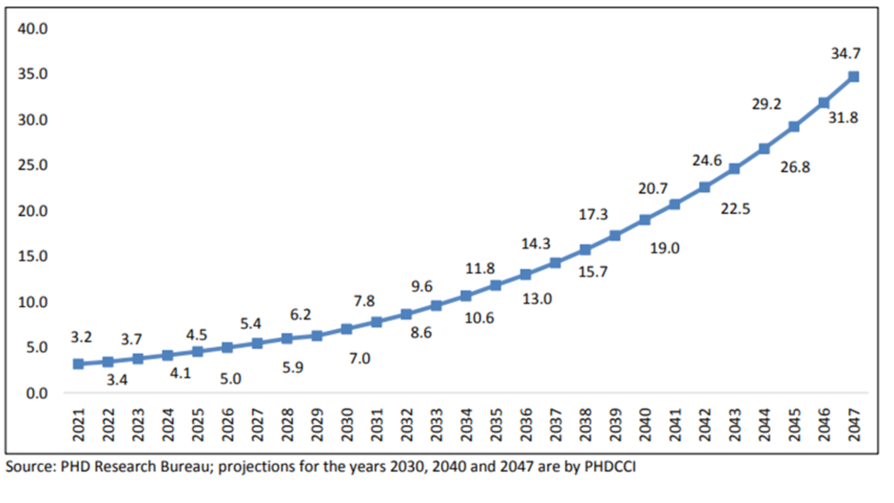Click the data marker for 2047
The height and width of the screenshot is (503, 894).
click(853, 77)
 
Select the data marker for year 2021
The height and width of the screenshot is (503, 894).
click(79, 364)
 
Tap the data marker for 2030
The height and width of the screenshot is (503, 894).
click(346, 329)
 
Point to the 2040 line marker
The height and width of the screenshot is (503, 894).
click(645, 220)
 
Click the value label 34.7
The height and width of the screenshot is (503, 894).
click(846, 54)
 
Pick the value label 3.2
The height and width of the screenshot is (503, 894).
click(81, 337)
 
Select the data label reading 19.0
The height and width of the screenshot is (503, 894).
click(664, 248)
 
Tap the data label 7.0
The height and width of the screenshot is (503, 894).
click(359, 359)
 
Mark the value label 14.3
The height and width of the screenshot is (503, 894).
click(535, 244)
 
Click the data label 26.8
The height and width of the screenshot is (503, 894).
click(795, 167)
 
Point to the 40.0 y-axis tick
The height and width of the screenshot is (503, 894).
click(33, 29)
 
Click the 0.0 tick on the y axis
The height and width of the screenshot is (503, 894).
click(37, 394)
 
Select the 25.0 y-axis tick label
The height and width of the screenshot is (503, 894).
click(33, 165)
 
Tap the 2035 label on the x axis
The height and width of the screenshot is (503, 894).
click(496, 424)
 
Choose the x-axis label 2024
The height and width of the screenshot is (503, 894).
click(168, 424)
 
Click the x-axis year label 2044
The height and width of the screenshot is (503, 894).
click(764, 424)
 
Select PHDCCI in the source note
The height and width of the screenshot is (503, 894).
click(610, 467)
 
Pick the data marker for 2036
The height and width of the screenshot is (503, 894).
click(526, 274)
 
